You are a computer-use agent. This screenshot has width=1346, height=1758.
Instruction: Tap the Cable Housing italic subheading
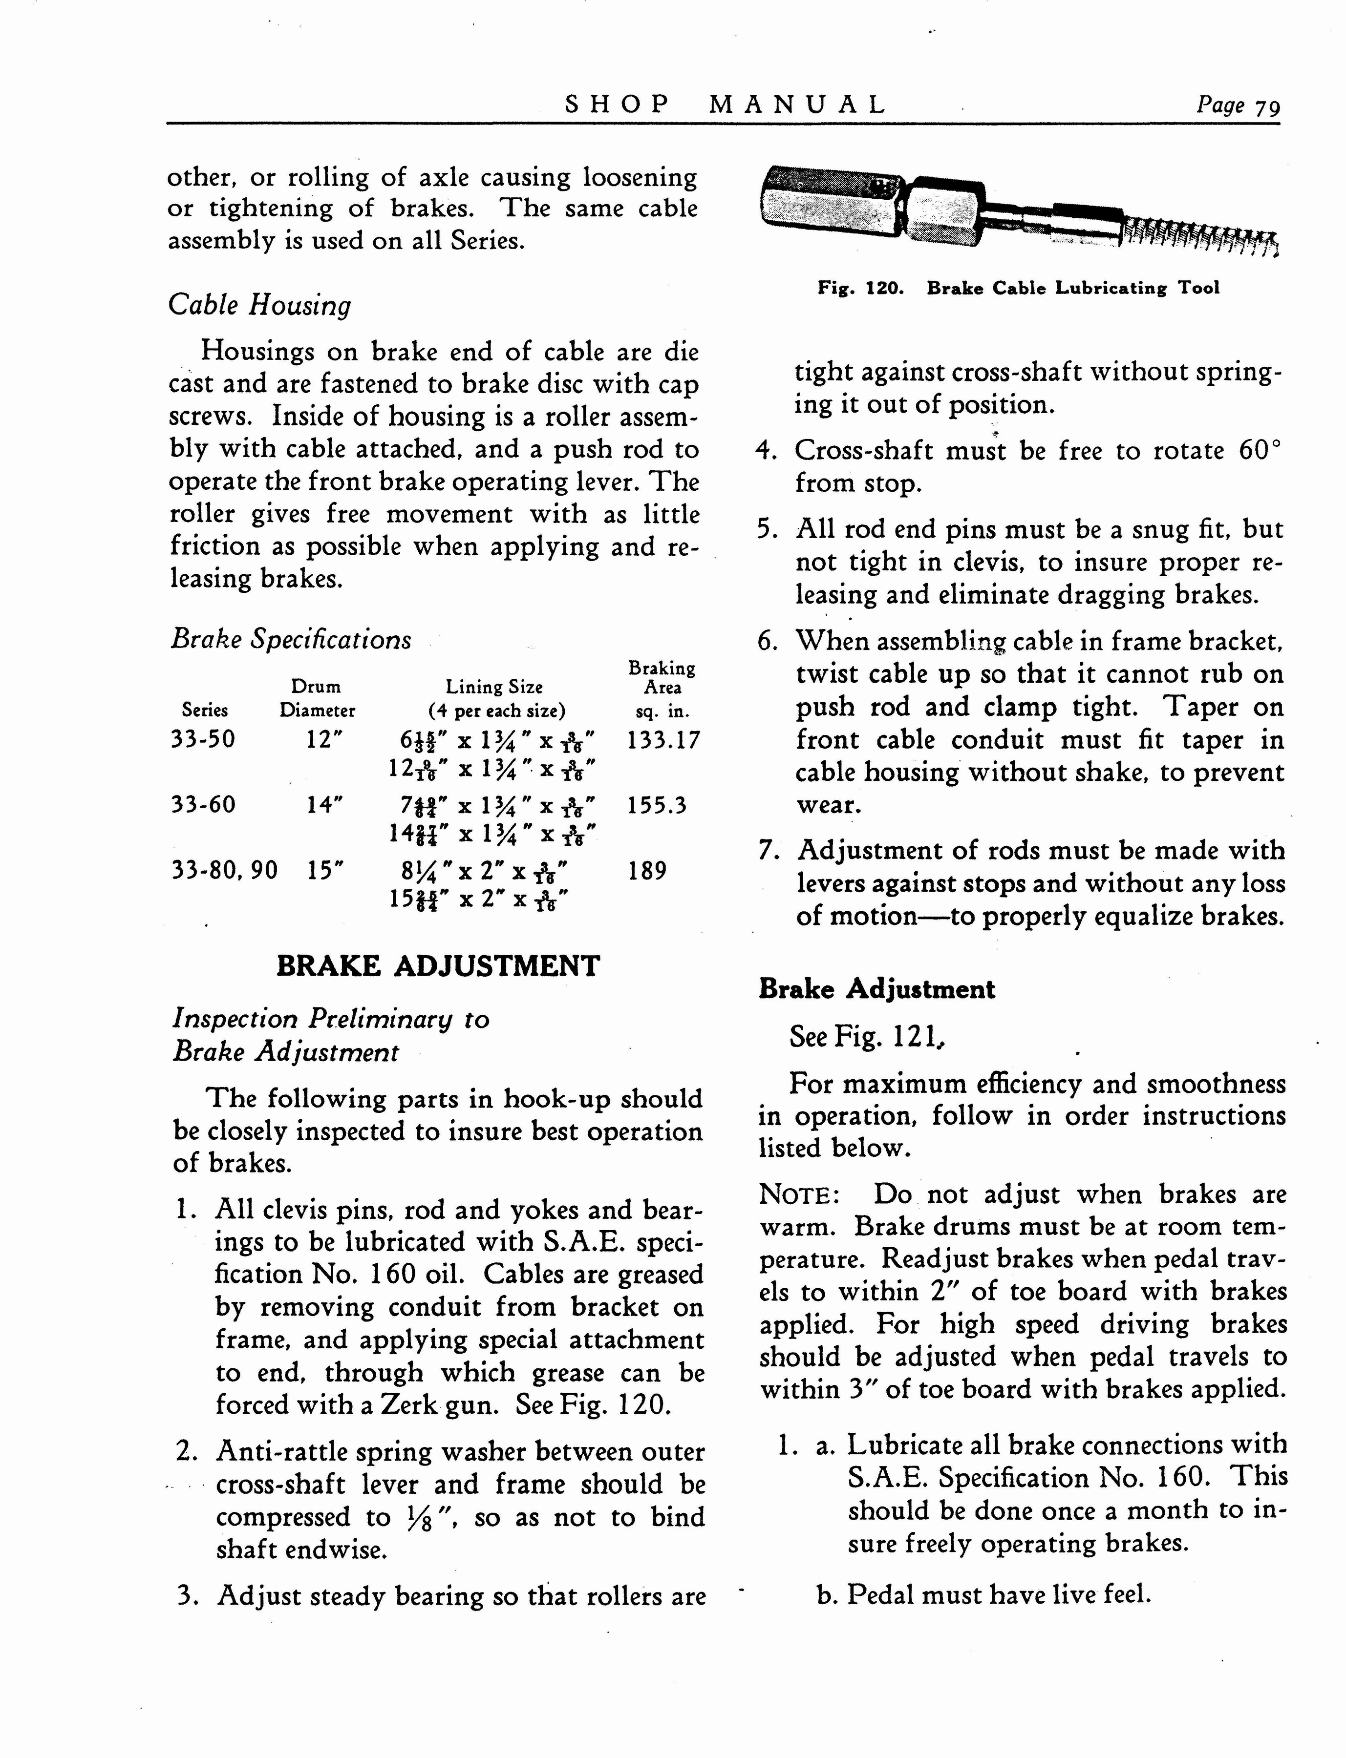tap(259, 305)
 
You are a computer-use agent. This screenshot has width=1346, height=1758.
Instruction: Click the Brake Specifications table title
tap(291, 639)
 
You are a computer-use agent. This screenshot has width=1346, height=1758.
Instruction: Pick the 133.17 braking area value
tap(663, 739)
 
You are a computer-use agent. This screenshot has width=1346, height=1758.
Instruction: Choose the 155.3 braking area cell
tap(657, 805)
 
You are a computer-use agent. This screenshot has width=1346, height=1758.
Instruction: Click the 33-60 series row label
tap(204, 804)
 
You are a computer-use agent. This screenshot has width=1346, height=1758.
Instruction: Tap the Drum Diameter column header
tap(317, 698)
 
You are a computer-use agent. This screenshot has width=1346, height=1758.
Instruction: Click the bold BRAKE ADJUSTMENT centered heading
tap(437, 966)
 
